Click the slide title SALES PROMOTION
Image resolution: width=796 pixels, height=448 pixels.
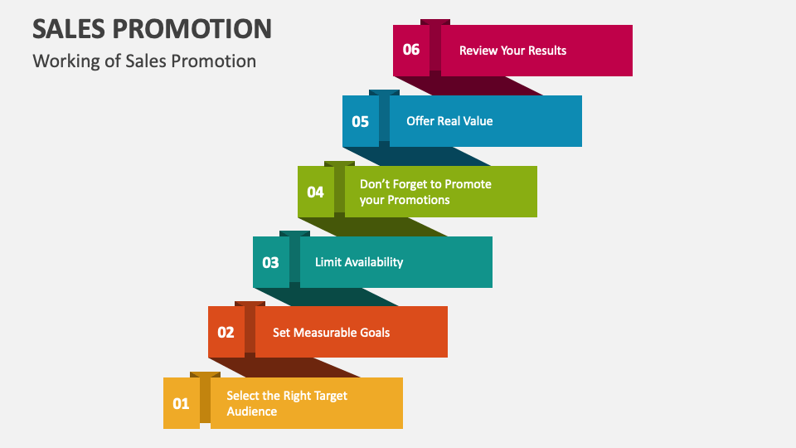point(152,28)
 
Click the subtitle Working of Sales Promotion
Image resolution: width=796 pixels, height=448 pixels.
point(144,61)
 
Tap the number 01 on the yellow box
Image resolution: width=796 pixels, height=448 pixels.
point(181,404)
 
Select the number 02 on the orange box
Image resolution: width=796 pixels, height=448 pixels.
point(226,333)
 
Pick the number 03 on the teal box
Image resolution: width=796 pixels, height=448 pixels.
point(270,263)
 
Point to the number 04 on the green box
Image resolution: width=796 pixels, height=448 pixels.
point(315,192)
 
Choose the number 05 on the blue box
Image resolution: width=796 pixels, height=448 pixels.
point(360,122)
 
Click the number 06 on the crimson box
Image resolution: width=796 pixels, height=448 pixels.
point(411,50)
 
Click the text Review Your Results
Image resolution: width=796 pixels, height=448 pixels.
point(512,51)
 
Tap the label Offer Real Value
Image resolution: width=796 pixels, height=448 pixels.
point(449,121)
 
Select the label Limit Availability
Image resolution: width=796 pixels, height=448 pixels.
point(359,262)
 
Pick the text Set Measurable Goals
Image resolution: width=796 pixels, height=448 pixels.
point(331,333)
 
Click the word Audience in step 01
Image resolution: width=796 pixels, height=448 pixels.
point(252,411)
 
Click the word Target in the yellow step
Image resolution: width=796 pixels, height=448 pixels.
point(328,396)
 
